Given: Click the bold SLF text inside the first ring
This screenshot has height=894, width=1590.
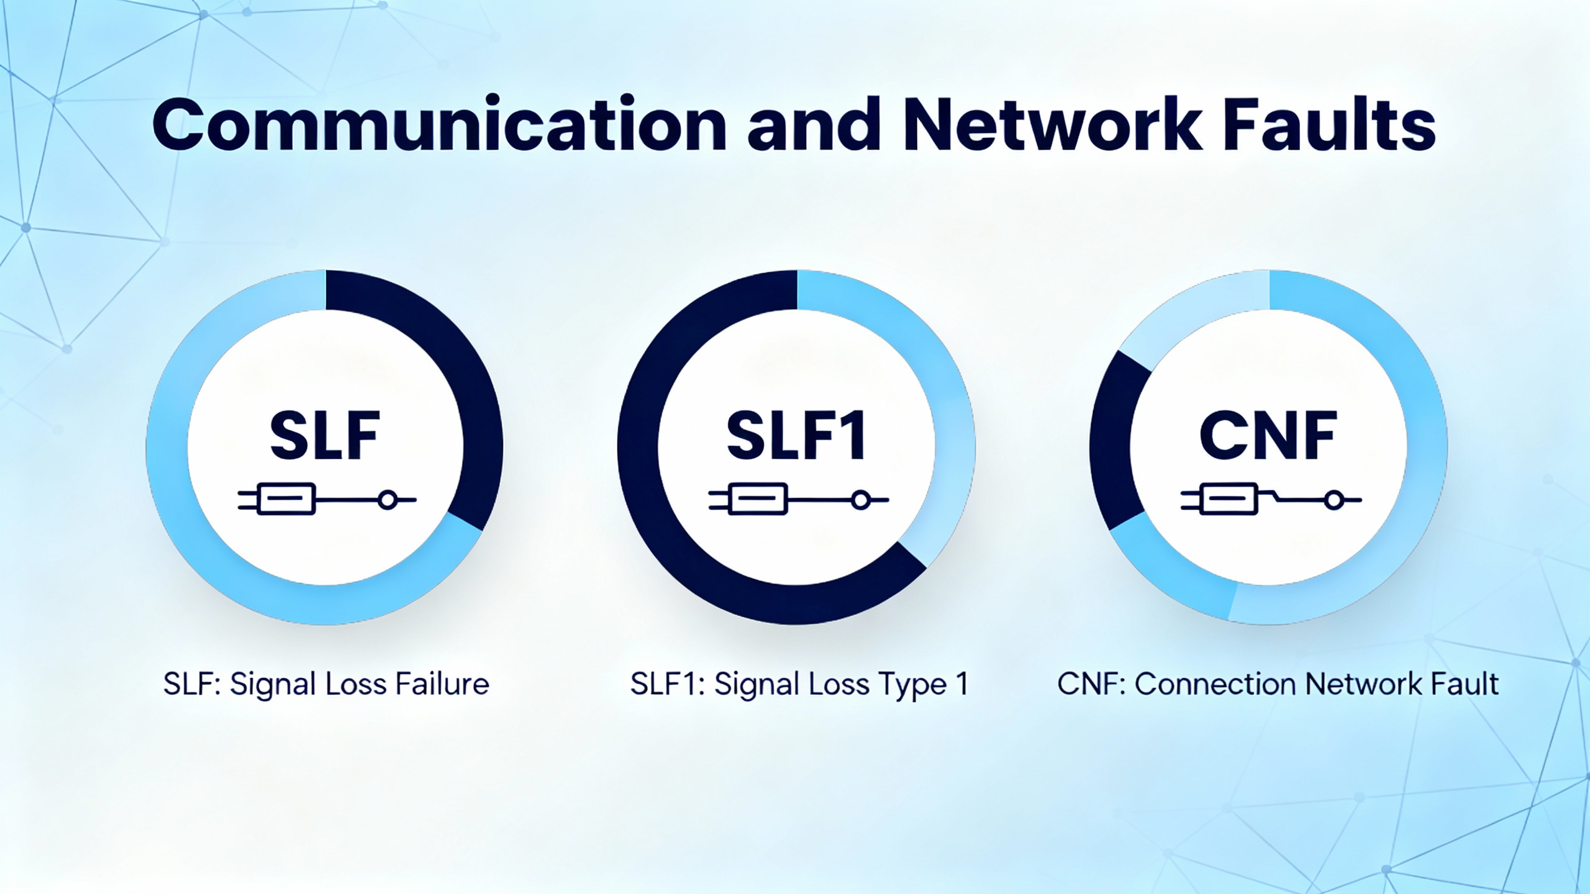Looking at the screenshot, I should pos(325,436).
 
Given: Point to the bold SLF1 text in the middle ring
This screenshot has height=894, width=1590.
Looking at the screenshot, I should pos(796,436).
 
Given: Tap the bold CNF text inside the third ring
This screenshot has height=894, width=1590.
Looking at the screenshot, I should pos(1268,436).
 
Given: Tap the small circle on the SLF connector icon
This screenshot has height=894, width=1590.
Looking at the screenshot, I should pos(388,499).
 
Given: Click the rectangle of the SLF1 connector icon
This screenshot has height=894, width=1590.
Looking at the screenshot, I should pos(758,499).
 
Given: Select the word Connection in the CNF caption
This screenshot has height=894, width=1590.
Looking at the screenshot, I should pos(1215,684).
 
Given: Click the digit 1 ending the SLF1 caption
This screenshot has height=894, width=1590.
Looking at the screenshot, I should pos(962,684).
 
